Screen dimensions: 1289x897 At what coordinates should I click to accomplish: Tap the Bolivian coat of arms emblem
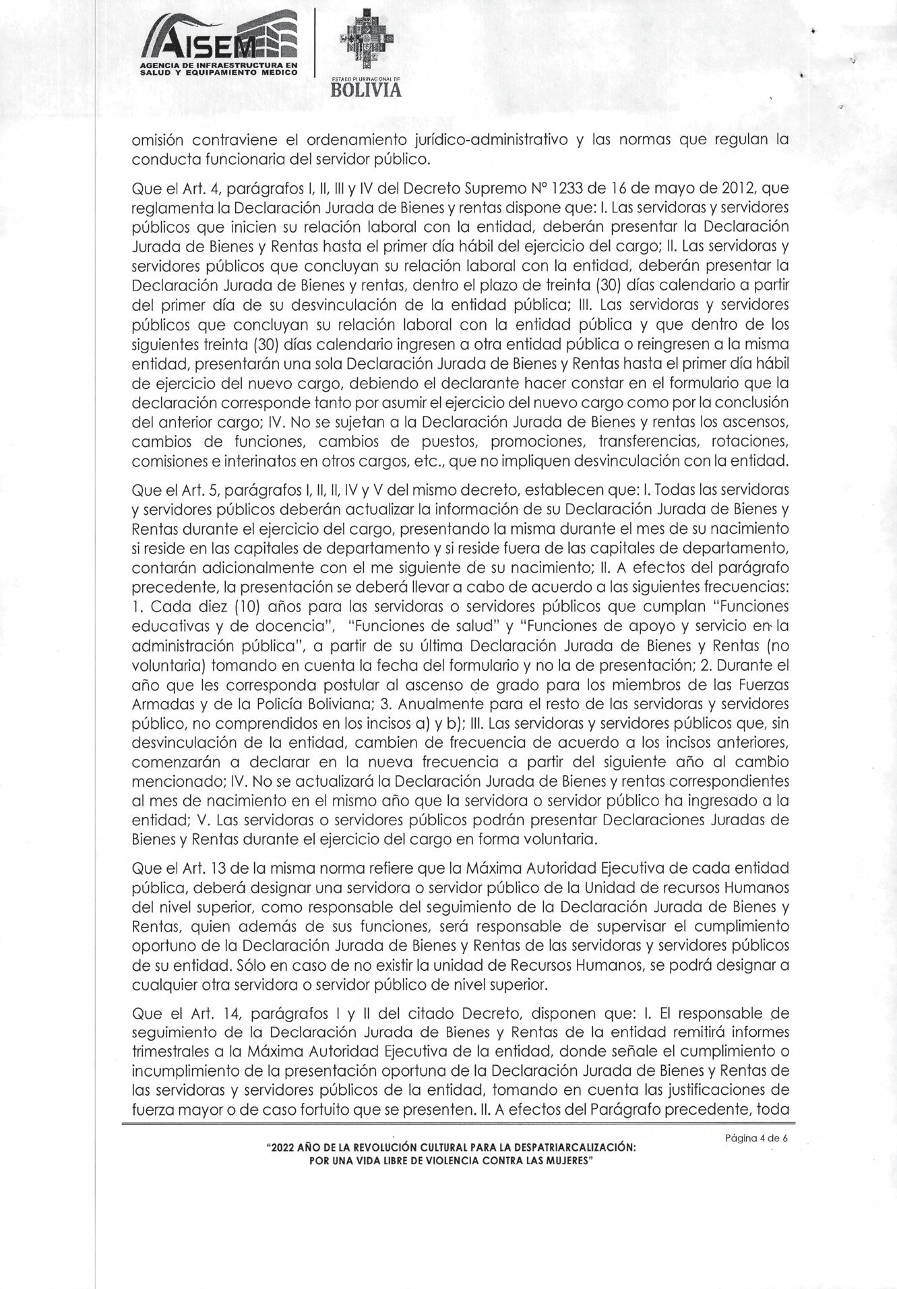366,40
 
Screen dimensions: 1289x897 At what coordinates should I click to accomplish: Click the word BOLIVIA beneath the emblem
366,90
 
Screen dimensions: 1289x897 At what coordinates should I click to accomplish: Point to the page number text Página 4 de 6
756,1138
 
